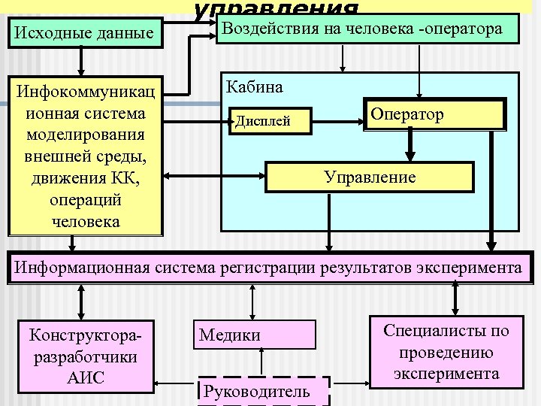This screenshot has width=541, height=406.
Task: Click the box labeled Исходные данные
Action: point(85,33)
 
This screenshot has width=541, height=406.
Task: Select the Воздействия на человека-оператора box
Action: point(367,30)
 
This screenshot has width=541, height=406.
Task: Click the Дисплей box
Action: point(270,120)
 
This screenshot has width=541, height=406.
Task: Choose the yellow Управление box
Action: point(370,177)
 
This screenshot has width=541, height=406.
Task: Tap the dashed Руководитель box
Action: point(262,391)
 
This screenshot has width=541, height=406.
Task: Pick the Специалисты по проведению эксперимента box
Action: point(446,352)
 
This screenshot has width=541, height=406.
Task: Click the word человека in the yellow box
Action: point(85,222)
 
